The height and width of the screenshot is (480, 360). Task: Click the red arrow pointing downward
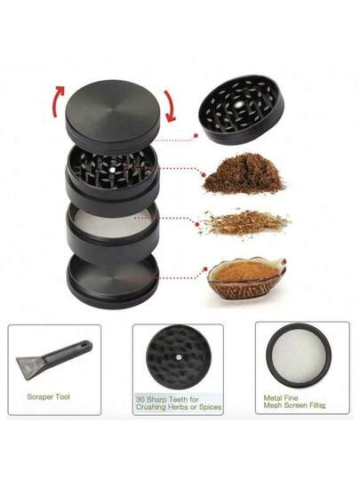coord(170,106)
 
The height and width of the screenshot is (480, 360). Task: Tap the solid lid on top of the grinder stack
coord(111,112)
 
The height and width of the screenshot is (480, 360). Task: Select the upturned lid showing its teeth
coord(241,109)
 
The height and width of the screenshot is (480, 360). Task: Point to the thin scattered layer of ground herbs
coord(244,222)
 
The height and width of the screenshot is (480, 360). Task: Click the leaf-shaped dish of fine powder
coord(246,278)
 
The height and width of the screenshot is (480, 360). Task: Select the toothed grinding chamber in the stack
coord(112,176)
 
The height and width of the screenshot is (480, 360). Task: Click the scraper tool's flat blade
coord(28,367)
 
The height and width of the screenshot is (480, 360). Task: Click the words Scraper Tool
coord(48,396)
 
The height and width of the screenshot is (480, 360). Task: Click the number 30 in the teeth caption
coord(140,399)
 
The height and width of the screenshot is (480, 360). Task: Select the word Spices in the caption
coord(210,407)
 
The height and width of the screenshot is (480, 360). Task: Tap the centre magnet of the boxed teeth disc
coord(179,356)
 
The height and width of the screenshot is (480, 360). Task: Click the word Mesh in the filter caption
coord(273,405)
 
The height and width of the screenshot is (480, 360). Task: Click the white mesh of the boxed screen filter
coord(299,355)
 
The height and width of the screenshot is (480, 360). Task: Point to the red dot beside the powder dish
coord(205,269)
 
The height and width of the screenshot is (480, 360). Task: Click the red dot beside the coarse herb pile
coord(204,175)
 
